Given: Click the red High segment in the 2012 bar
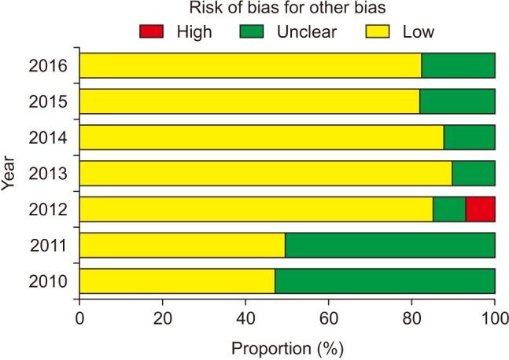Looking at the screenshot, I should pos(480,209).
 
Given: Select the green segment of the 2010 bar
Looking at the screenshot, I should pos(385,281).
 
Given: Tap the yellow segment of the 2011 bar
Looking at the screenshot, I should pos(182,245).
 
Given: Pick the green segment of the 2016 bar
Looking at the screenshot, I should pos(458,66).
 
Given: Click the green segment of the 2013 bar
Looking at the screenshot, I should pos(473,173).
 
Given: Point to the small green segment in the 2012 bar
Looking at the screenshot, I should pos(449,209).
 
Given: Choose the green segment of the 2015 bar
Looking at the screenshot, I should pos(457,101).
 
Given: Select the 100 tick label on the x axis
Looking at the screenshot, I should pos(494,318).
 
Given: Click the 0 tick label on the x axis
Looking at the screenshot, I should pos(79,318).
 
